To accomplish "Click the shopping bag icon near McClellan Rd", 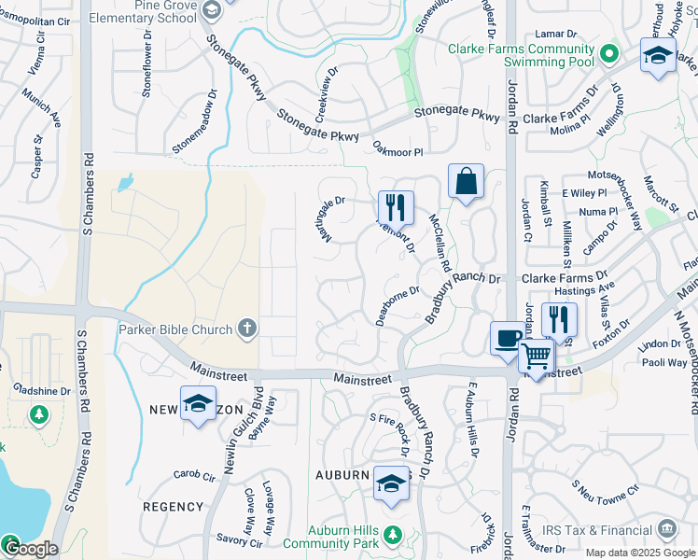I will [x=466, y=180].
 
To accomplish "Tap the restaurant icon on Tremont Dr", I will [x=396, y=206].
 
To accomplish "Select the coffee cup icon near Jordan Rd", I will [x=509, y=337].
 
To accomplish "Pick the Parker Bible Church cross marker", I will [x=246, y=327].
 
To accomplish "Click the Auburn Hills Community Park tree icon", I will [x=393, y=535].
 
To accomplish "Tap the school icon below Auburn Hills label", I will [x=392, y=483].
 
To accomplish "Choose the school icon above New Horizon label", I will [x=197, y=402].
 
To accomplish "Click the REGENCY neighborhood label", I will [x=173, y=507].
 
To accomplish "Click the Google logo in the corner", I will [x=30, y=549].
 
